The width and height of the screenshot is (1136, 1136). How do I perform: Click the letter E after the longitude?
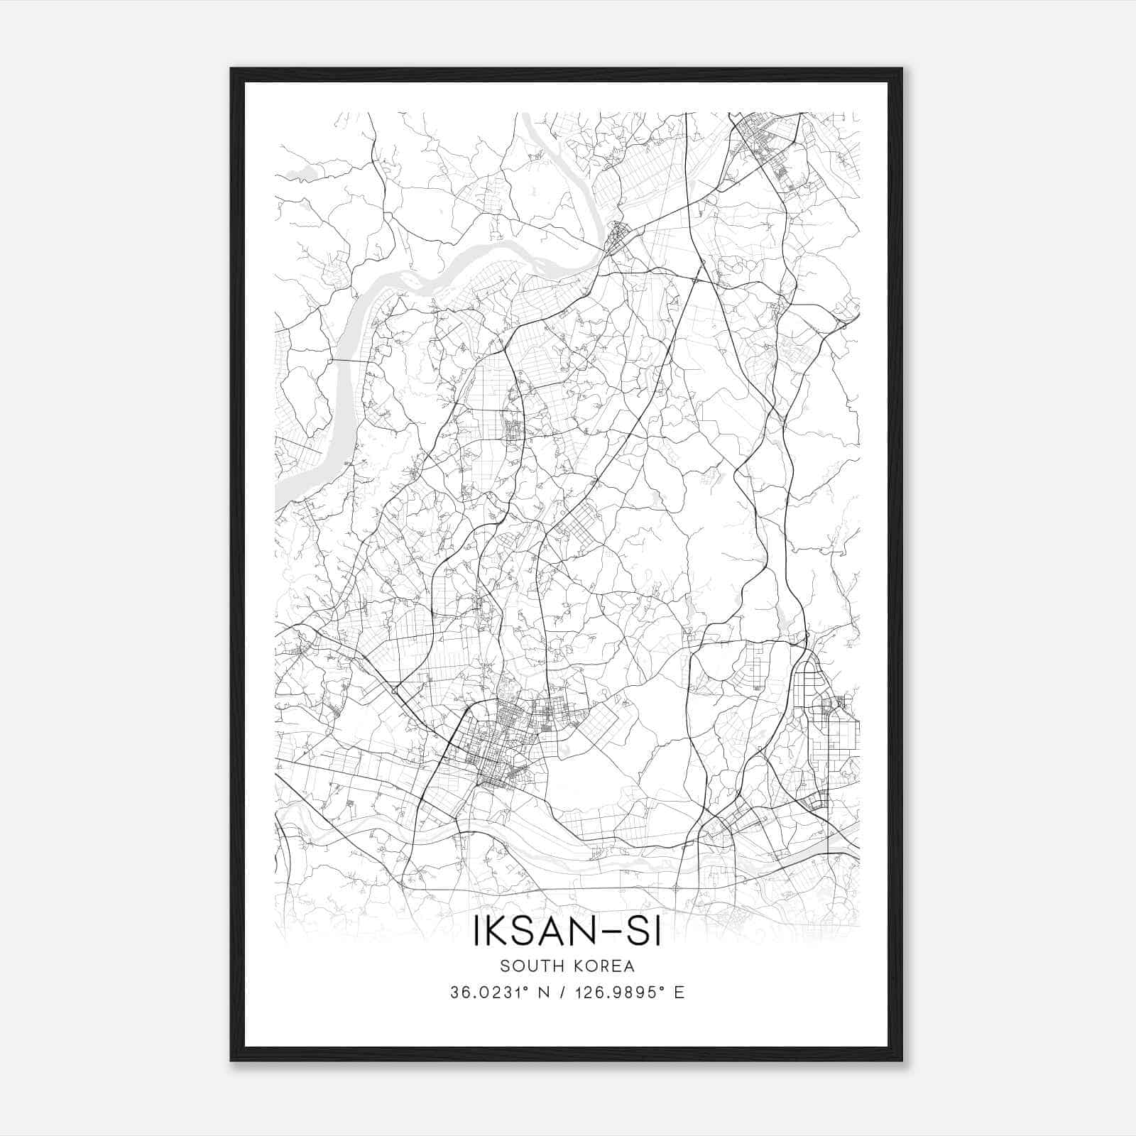point(679,993)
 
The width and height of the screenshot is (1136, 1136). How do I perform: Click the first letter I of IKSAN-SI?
point(476,932)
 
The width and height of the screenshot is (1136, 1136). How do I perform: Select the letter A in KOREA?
point(628,966)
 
